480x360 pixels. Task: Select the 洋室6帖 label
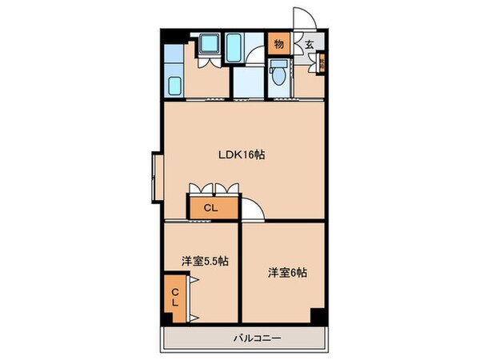coord(286,271)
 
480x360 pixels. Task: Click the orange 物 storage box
coord(278,44)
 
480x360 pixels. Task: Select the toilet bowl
coord(277,77)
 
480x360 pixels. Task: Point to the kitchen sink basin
coord(174,84)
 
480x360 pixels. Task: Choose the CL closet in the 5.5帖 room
coord(174,298)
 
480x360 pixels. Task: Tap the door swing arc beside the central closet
coord(254,209)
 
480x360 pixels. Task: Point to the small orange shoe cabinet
coord(322,63)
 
